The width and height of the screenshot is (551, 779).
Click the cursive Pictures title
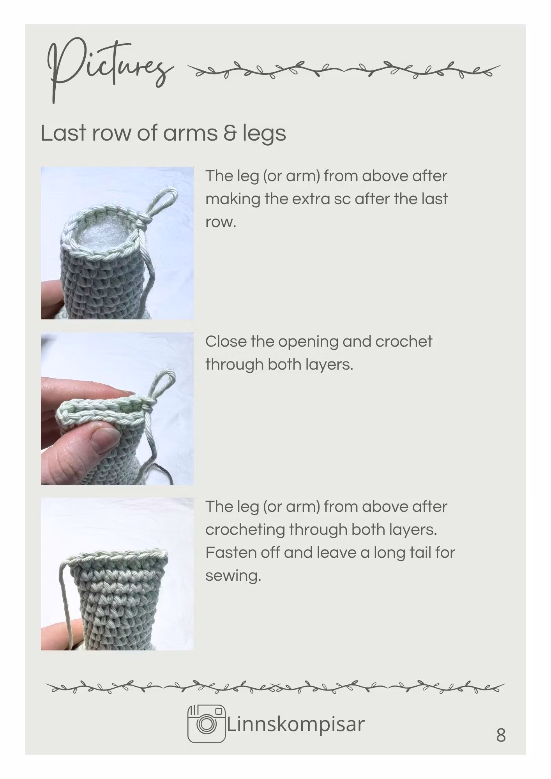point(109,70)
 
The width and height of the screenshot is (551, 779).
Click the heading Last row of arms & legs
point(163,133)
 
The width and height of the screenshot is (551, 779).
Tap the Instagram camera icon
point(207,723)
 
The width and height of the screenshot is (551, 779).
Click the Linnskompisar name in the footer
point(296,724)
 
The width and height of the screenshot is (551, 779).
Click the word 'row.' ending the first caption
point(221,223)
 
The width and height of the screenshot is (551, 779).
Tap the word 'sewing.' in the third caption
point(233,576)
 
